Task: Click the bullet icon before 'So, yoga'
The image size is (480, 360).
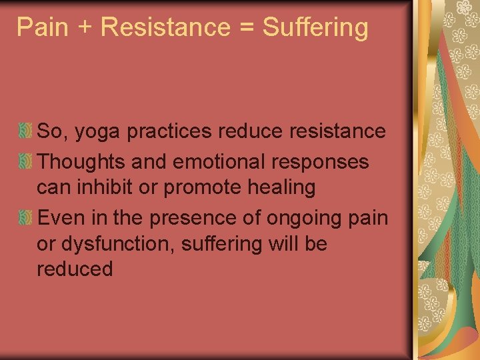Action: (x=25, y=131)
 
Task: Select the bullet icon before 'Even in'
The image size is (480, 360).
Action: (x=25, y=218)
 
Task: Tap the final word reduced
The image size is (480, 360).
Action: (x=75, y=269)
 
